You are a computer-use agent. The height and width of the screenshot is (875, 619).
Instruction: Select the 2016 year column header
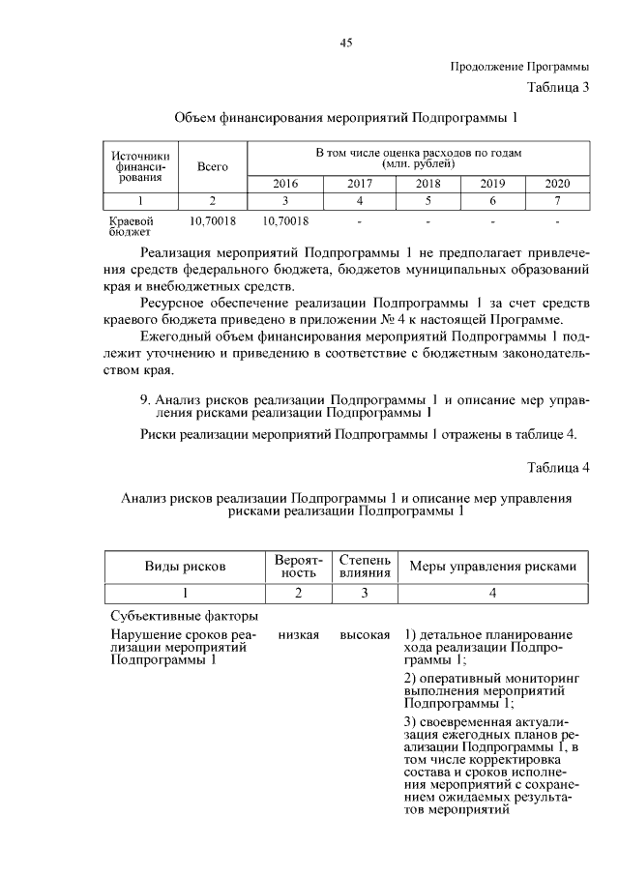point(285,184)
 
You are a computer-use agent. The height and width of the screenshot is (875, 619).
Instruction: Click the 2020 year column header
point(557,184)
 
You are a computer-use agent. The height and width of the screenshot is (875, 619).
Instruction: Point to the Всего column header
point(212,166)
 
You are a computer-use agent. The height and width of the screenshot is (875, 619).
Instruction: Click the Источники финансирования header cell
point(141,166)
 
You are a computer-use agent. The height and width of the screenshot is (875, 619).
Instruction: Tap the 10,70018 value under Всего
point(212,221)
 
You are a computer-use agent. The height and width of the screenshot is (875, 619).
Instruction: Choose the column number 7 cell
point(557,201)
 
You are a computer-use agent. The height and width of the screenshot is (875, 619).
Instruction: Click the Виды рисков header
point(185,567)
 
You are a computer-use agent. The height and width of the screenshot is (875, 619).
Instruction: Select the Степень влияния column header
point(365,567)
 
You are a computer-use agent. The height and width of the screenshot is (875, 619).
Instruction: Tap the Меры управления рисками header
point(493,567)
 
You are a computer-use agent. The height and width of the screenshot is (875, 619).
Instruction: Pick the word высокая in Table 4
point(365,634)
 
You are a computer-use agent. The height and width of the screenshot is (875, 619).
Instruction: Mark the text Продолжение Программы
point(520,67)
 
